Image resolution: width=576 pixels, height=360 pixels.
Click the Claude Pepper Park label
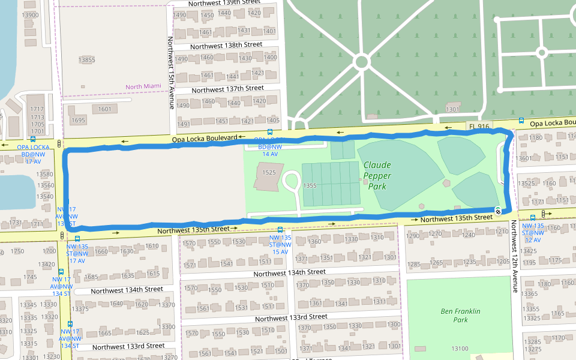coord(377,176)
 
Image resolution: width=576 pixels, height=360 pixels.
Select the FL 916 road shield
coord(479,126)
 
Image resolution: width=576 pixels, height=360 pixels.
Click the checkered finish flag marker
coord(498,210)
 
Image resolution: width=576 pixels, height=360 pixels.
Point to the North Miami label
coord(143,86)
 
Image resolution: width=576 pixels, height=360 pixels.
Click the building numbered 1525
coord(268,173)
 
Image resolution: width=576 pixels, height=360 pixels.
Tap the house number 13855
coord(86,59)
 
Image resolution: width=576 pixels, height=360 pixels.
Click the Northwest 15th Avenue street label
coord(171,73)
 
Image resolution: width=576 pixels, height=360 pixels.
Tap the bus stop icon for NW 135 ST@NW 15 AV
coord(280,229)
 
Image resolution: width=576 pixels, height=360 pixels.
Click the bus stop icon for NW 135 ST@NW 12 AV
coord(532,218)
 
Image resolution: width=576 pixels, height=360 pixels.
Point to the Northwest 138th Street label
coord(226,45)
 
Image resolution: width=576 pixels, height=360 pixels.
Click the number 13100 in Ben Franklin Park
coord(459,349)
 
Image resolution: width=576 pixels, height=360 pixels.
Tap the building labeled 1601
coord(104,109)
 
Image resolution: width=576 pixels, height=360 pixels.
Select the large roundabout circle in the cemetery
coord(361,61)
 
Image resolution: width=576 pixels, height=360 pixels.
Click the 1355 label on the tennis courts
coord(310,185)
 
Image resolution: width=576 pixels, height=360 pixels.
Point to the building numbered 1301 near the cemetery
coord(453,109)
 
